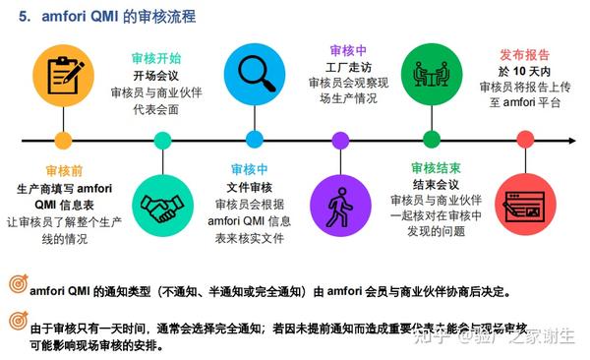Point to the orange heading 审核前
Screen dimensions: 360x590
(x=64, y=170)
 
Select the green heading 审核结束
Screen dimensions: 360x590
(x=433, y=168)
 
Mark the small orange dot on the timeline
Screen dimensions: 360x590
(x=64, y=139)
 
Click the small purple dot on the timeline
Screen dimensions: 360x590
(x=340, y=139)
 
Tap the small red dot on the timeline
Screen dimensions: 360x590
(x=521, y=139)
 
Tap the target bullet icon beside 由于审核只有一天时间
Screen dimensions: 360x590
(x=17, y=322)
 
